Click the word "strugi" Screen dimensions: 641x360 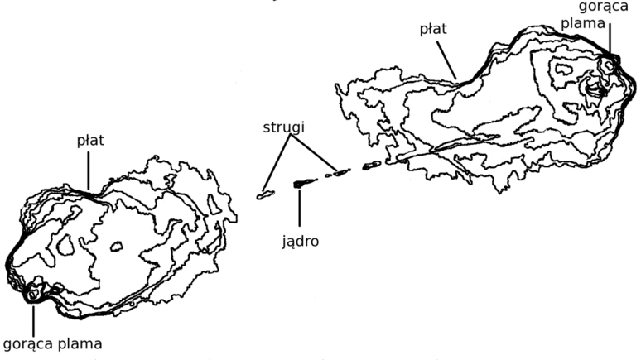284,128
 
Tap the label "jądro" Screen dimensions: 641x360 300,241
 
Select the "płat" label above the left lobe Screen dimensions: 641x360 90,141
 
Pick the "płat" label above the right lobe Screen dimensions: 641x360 433,30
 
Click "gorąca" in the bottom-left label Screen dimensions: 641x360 28,344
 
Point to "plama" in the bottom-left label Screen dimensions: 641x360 80,343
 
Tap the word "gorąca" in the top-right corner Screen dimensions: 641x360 604,7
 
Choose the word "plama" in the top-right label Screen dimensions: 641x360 582,23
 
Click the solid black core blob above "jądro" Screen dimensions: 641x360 299,184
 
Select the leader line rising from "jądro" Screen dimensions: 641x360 299,208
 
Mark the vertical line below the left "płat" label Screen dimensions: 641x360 88,171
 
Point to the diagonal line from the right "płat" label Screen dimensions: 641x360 446,60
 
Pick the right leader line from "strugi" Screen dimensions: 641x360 314,153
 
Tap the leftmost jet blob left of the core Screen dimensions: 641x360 265,195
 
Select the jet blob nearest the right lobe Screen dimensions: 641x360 372,165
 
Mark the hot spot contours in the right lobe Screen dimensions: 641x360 609,65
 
